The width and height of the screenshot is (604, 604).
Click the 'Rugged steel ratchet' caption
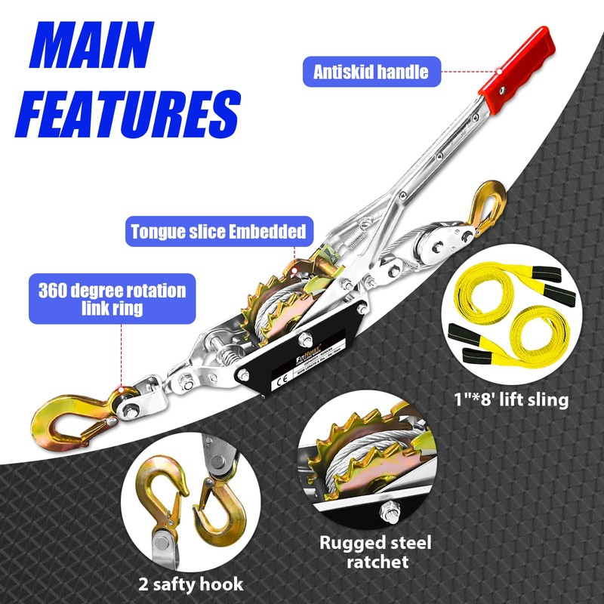(374, 552)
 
